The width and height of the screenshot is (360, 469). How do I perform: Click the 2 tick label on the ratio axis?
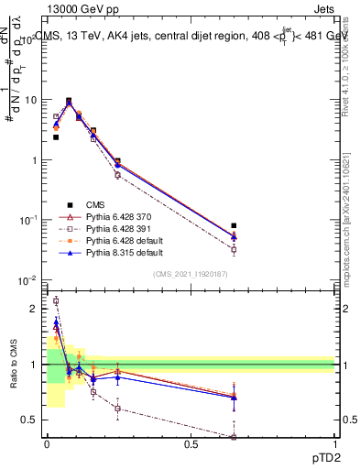(36, 309)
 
